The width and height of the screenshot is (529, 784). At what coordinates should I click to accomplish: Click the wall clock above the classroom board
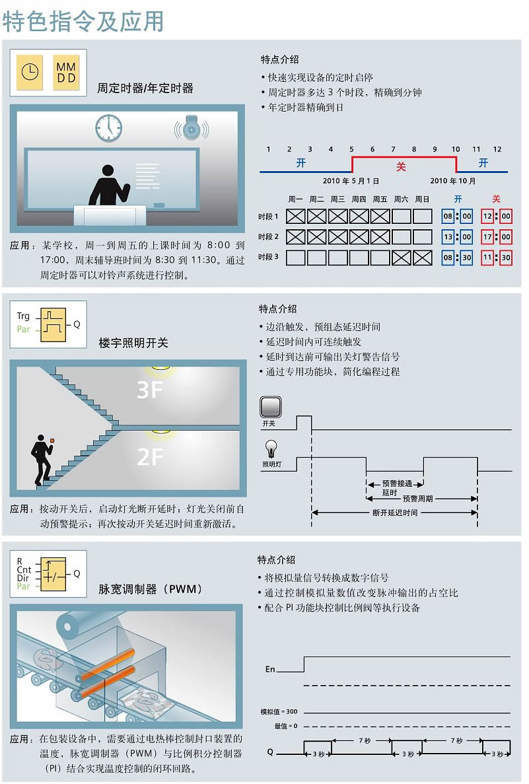click(x=108, y=127)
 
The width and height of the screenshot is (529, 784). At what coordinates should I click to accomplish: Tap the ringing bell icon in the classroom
click(x=191, y=129)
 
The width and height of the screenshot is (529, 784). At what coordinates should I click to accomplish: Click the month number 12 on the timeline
click(x=497, y=149)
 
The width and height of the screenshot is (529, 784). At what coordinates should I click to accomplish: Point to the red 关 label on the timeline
click(x=400, y=166)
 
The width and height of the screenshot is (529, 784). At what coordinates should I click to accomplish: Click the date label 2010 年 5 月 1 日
click(x=351, y=181)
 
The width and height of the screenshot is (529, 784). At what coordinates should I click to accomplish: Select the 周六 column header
click(x=402, y=199)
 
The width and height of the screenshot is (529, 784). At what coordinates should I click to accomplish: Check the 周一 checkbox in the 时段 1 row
click(x=295, y=216)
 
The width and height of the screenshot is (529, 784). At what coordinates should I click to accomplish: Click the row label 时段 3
click(x=268, y=258)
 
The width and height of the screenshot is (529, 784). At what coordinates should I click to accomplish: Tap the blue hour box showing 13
click(x=448, y=236)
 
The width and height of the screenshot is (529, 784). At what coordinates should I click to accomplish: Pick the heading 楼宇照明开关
click(x=133, y=343)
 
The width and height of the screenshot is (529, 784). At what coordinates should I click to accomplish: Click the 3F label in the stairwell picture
click(x=149, y=390)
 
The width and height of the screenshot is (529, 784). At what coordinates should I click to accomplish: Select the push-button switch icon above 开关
click(x=271, y=406)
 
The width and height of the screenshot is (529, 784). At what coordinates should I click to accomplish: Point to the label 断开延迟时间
click(x=395, y=513)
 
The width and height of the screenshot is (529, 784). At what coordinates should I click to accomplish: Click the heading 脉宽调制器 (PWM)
click(x=151, y=588)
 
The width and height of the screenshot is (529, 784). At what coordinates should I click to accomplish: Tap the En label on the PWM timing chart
click(x=269, y=669)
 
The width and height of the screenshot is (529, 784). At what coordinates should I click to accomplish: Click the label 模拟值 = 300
click(x=279, y=712)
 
